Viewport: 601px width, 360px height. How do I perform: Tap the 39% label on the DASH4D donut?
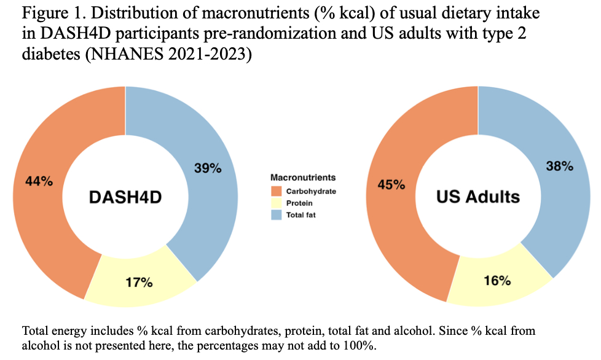pos(207,168)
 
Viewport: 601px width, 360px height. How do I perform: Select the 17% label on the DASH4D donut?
pos(138,283)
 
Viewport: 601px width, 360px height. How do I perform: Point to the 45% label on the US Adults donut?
pos(392,184)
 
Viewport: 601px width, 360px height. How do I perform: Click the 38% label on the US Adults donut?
pos(559,166)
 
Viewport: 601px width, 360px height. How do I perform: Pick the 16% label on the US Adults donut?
pos(497,280)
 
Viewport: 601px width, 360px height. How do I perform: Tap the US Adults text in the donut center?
pos(477,197)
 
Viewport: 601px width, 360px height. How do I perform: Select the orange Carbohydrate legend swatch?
pos(277,191)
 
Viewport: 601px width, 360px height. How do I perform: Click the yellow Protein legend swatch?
pos(277,203)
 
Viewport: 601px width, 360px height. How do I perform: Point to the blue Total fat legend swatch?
pos(277,214)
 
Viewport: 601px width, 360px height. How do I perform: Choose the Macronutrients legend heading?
pos(303,178)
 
